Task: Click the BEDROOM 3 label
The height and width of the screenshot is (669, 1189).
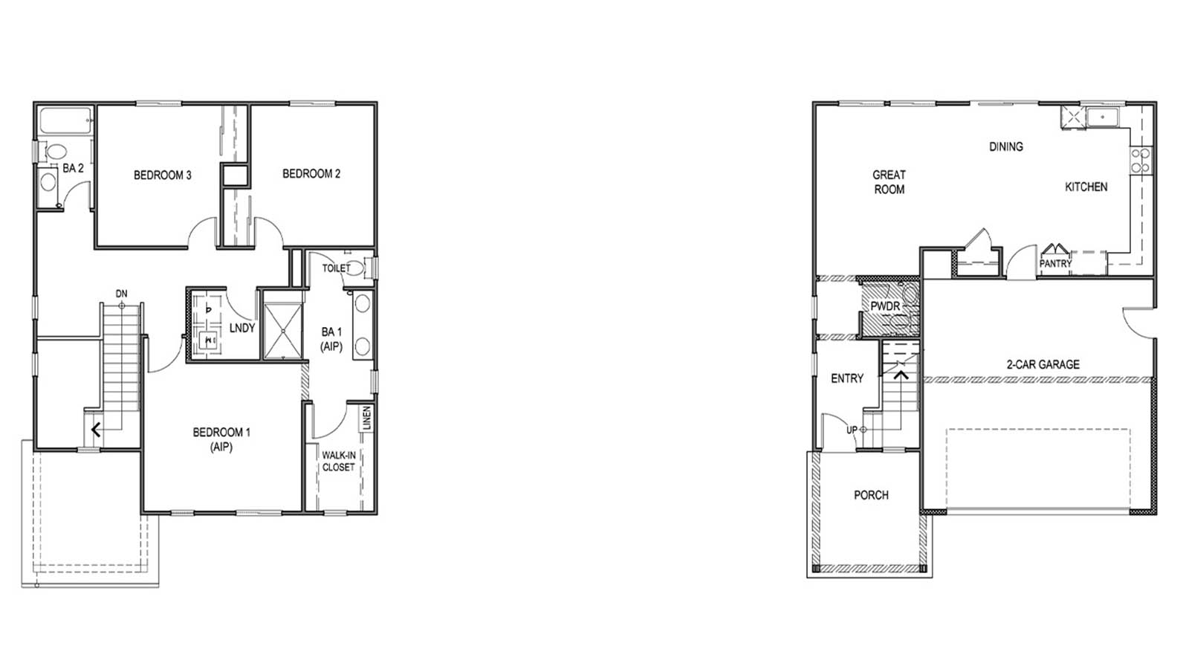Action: point(163,175)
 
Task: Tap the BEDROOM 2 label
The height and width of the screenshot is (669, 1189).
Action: point(311,174)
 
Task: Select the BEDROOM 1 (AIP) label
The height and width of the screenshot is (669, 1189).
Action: point(221,439)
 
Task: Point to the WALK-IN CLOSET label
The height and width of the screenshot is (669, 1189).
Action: point(338,461)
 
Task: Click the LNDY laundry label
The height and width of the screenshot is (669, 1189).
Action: point(242,328)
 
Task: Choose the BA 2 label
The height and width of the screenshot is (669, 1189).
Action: point(73,169)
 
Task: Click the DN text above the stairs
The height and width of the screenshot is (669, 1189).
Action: point(121,294)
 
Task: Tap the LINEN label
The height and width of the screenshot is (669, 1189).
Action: point(366,418)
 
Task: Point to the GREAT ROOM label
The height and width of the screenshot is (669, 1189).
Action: point(889,182)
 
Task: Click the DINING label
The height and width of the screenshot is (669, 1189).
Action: point(1005,147)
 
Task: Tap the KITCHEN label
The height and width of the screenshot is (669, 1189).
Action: point(1086,187)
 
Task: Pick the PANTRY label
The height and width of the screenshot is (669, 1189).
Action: point(1055,263)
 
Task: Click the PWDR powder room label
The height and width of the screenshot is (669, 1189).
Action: point(885,306)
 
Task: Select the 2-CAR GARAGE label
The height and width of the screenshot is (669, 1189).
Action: point(1043,364)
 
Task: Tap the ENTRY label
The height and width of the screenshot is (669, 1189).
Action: point(846,378)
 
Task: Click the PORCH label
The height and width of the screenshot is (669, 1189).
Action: point(871,495)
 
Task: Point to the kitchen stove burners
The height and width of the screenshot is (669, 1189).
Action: point(1140,161)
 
